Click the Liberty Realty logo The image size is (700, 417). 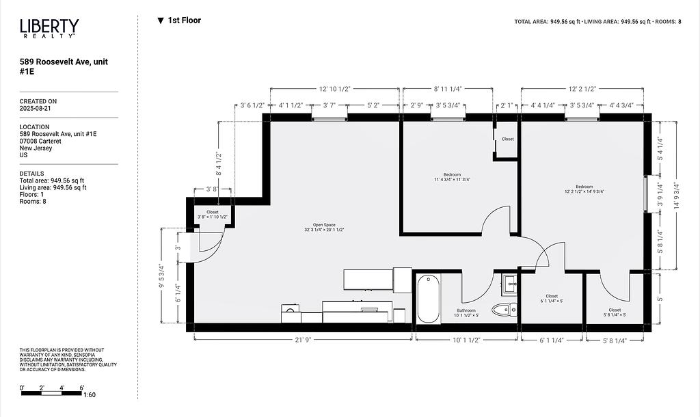49,28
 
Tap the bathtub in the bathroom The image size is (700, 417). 428,299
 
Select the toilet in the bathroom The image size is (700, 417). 504,308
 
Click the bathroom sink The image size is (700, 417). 510,284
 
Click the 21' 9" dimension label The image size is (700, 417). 303,340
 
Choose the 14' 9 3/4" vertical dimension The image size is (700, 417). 677,196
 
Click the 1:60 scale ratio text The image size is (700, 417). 90,394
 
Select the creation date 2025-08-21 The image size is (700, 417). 35,109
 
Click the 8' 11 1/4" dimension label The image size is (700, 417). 448,89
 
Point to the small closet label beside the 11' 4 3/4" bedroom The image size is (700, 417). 508,139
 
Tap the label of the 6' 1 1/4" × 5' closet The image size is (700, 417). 552,299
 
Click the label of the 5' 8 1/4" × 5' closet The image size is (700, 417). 615,312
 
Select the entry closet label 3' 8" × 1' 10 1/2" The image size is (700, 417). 213,214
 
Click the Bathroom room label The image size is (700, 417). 466,313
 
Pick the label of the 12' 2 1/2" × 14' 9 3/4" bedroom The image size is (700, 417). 584,189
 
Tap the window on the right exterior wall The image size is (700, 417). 645,193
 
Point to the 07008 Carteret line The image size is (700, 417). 40,141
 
